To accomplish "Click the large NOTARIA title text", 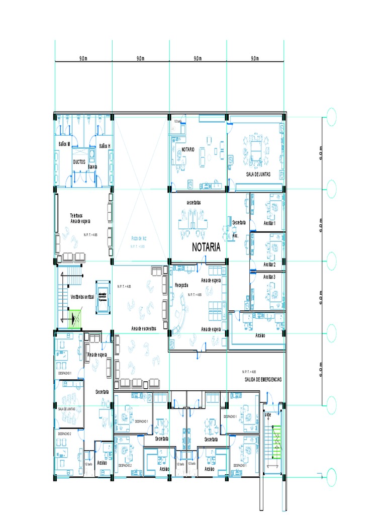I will point(206,247).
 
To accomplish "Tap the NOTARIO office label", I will point(187,149).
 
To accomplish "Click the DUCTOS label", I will point(79,162).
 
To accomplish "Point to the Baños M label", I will point(64,144).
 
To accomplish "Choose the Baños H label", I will point(105,146).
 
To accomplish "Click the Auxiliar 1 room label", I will point(273,223).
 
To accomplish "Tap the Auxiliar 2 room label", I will point(269,264).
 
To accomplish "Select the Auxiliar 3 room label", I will point(269,277).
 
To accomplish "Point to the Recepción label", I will point(181,285).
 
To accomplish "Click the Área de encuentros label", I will point(144,328).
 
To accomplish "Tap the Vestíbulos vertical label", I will point(82,297).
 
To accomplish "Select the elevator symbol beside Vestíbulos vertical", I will point(103,297).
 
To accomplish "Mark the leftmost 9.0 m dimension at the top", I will point(83,58).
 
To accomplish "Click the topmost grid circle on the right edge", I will point(331,117).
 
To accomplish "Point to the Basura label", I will point(92,166).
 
